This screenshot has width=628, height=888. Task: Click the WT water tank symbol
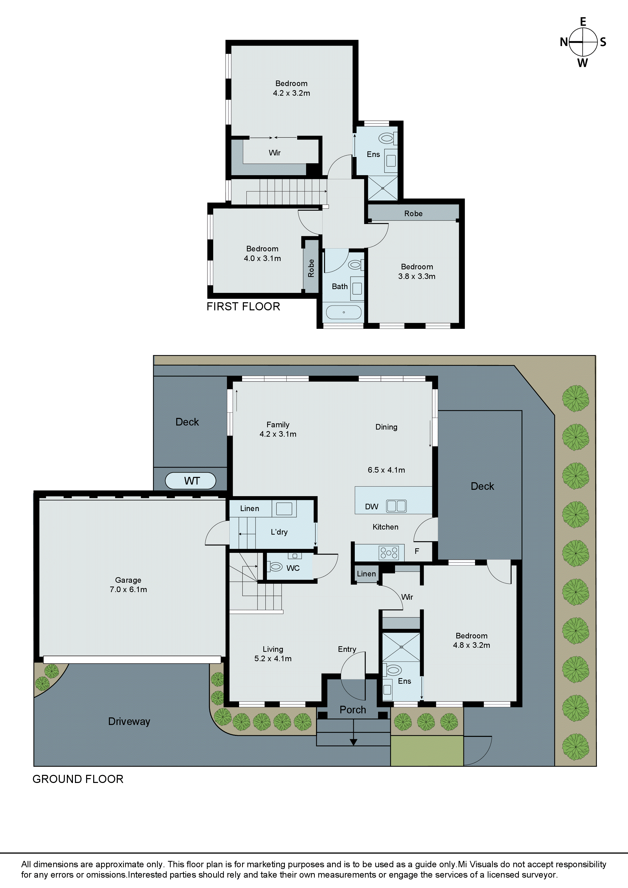coord(190,481)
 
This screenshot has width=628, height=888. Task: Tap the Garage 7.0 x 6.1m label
coord(128,585)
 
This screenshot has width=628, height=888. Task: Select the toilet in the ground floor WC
coord(276,567)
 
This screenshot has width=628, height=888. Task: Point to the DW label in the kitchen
coord(371,507)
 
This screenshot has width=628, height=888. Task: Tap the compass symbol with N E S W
coord(583,42)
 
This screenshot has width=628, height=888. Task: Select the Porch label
coord(352,710)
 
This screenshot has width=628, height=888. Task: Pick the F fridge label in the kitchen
coord(417,551)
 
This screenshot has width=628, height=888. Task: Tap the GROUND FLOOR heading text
coord(78,779)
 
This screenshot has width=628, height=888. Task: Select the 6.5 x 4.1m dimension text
coord(386,470)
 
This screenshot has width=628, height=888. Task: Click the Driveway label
coord(129,721)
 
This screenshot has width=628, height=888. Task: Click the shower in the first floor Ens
coord(383,188)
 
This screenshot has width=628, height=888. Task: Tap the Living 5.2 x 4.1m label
coord(273,654)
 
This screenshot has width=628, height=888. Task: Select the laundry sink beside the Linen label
coord(284,509)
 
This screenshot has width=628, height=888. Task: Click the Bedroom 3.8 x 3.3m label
coord(417,272)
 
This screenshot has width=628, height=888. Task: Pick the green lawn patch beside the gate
coord(427,751)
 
